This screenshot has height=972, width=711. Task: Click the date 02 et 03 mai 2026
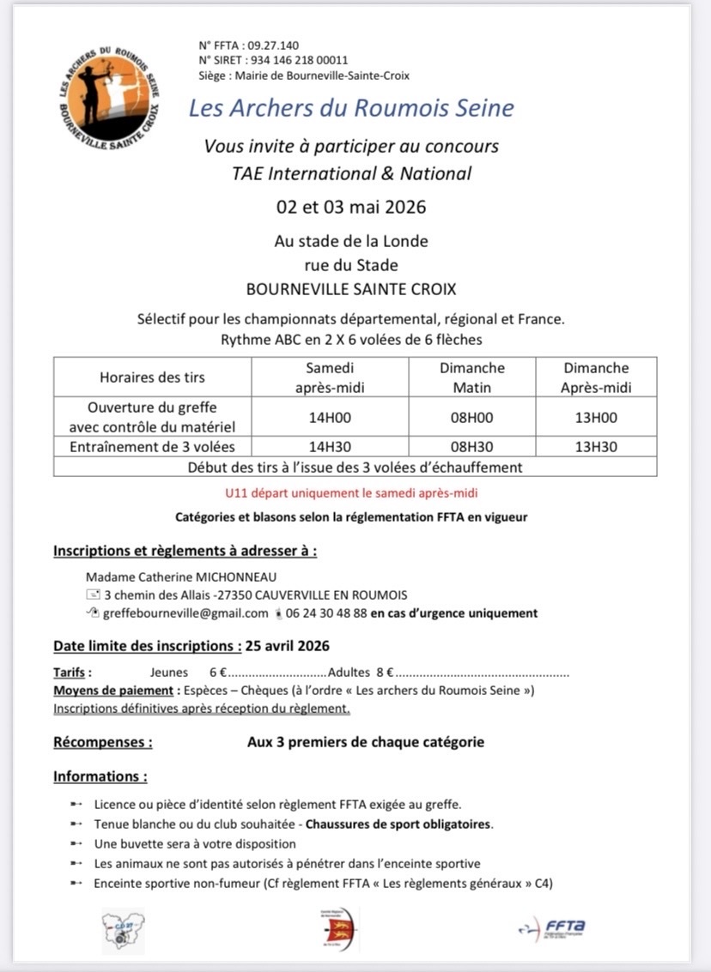pyautogui.click(x=350, y=208)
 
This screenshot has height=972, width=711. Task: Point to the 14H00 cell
pyautogui.click(x=331, y=418)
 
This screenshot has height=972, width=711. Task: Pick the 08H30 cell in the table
pyautogui.click(x=471, y=446)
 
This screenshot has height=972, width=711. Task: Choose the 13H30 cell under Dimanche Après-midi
pyautogui.click(x=595, y=446)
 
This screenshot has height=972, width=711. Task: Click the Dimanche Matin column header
pyautogui.click(x=471, y=377)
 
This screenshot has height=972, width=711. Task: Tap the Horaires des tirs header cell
pyautogui.click(x=152, y=377)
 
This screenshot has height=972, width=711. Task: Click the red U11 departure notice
pyautogui.click(x=350, y=493)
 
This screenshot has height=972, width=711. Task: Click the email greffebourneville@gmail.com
pyautogui.click(x=185, y=613)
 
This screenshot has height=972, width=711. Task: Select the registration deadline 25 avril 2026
pyautogui.click(x=287, y=646)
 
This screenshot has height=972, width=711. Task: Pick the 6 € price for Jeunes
pyautogui.click(x=217, y=673)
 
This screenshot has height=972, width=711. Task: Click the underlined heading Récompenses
pyautogui.click(x=103, y=741)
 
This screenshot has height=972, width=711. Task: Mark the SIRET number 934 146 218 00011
pyautogui.click(x=298, y=60)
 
